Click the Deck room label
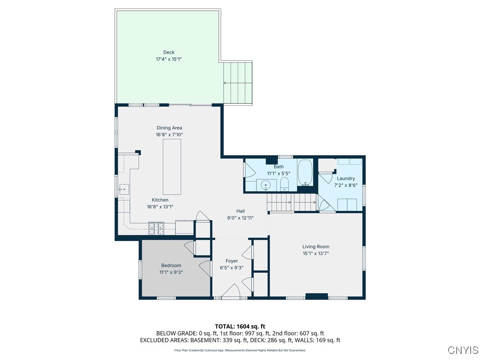(169, 52)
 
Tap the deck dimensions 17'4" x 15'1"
(169, 60)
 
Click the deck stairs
(238, 82)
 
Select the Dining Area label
(169, 128)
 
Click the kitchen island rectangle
(172, 166)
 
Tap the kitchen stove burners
(156, 228)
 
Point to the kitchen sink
(124, 189)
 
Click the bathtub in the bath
(305, 173)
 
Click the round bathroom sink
(266, 186)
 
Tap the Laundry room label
(346, 179)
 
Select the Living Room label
(315, 247)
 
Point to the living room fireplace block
(316, 296)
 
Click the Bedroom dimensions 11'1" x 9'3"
(171, 272)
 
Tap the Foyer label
(232, 261)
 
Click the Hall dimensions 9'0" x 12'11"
(240, 217)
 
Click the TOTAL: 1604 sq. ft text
(240, 326)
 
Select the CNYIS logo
(463, 350)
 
